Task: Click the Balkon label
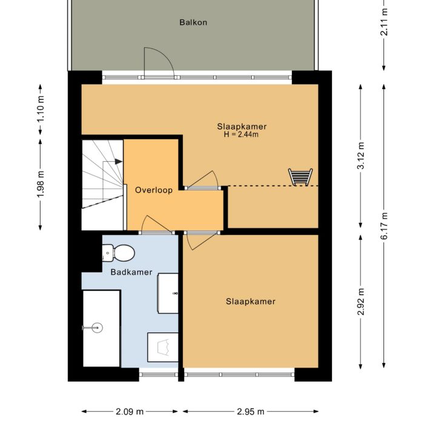[193, 22]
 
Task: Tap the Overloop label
[154, 190]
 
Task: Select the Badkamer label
[131, 272]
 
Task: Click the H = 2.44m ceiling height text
[241, 134]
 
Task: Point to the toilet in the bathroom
[119, 253]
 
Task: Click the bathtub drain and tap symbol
[93, 328]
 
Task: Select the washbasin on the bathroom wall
[168, 293]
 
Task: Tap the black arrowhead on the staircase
[119, 162]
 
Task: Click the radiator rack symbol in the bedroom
[300, 177]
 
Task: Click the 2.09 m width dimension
[130, 411]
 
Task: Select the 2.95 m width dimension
[250, 411]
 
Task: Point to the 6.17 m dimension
[383, 226]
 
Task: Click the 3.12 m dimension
[360, 156]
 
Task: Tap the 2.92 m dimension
[360, 302]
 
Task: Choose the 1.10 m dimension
[41, 110]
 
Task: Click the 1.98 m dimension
[41, 185]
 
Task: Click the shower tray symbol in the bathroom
[163, 347]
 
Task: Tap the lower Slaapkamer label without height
[251, 302]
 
